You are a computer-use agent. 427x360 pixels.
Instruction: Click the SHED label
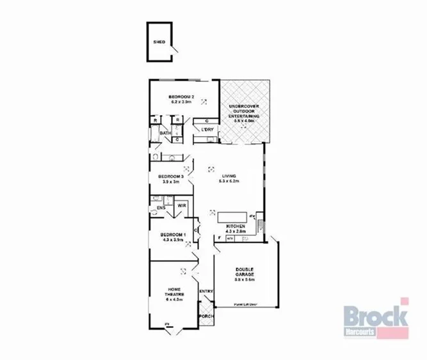[x=159, y=42]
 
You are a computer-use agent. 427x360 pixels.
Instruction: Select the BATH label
[x=165, y=134]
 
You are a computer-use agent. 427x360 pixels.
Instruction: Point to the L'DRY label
[x=207, y=130]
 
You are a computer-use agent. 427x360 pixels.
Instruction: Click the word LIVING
[x=230, y=176]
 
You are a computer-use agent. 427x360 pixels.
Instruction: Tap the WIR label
[x=182, y=206]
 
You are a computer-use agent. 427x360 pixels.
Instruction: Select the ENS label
[x=161, y=208]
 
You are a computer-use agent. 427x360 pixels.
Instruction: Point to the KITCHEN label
[x=236, y=227]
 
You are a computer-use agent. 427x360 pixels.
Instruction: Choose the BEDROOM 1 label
[x=172, y=234]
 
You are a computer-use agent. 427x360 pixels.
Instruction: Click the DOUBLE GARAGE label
[x=245, y=272]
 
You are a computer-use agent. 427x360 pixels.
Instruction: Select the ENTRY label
[x=206, y=292]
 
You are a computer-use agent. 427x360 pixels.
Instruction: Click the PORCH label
[x=206, y=316]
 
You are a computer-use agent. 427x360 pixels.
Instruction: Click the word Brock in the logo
[x=375, y=316]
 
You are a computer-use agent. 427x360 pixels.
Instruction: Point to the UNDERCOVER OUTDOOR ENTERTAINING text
[x=245, y=111]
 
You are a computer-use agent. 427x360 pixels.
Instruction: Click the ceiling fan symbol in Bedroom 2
[x=205, y=101]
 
